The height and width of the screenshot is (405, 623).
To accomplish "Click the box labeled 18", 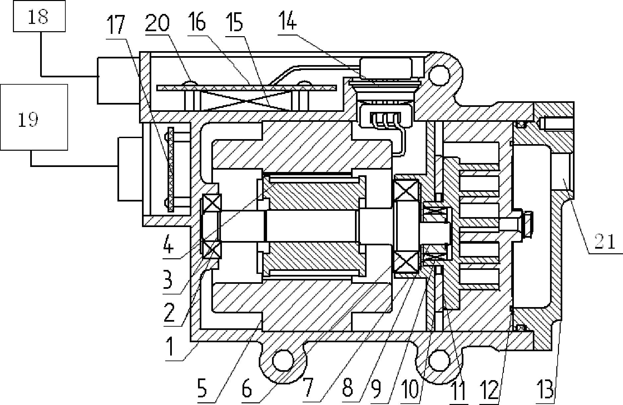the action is (39, 16).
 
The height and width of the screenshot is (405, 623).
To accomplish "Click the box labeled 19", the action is (34, 117).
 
